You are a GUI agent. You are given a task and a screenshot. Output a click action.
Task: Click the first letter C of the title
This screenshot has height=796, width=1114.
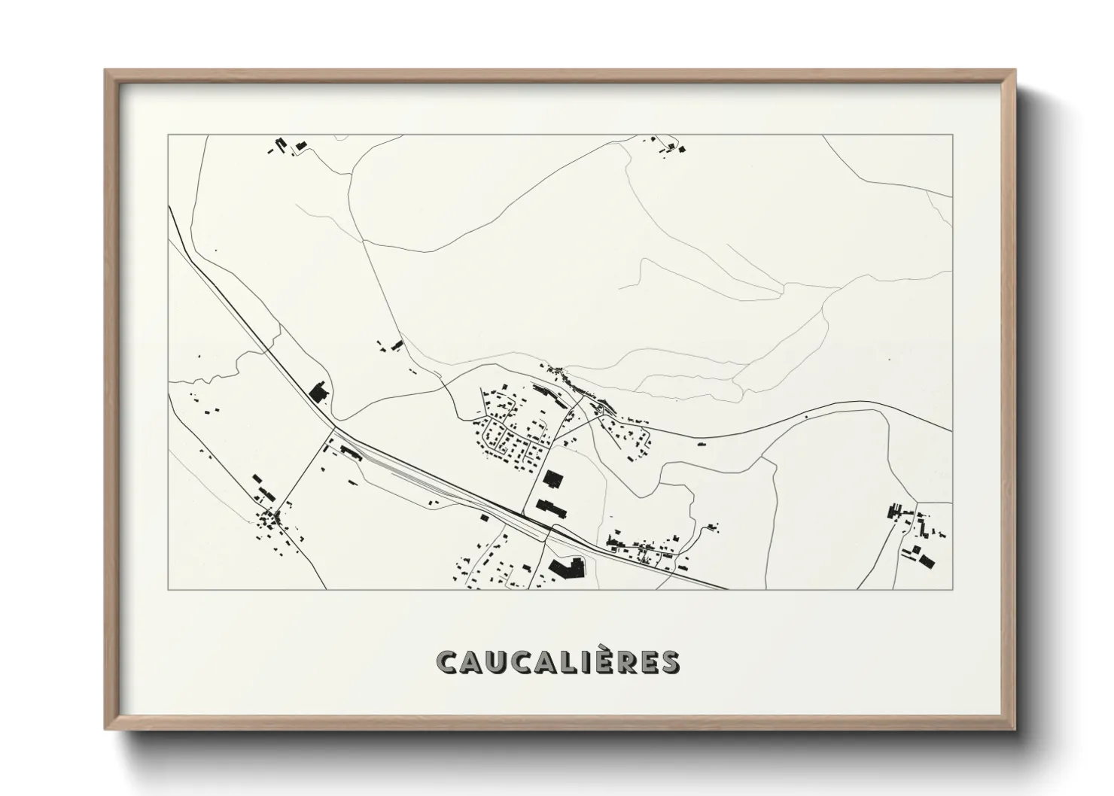coord(446,662)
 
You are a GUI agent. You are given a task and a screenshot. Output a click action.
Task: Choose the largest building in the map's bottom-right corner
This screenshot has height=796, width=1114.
coord(922,558)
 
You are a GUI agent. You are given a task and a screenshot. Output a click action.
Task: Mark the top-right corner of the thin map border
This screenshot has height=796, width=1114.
coord(952,135)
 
